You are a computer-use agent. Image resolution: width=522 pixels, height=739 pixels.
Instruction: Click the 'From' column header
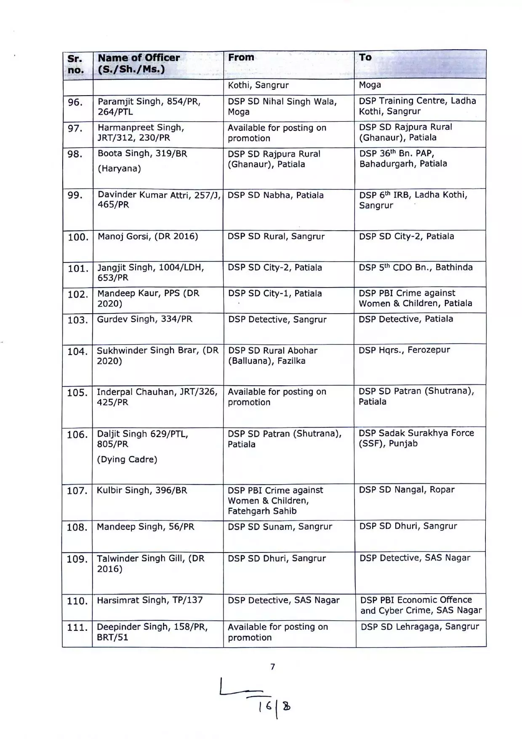(x=241, y=57)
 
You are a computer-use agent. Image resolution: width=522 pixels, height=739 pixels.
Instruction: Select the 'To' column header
(x=365, y=57)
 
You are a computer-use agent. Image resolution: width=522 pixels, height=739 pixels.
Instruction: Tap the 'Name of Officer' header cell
(x=139, y=63)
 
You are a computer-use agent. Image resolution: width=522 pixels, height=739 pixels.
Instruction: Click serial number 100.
(x=78, y=237)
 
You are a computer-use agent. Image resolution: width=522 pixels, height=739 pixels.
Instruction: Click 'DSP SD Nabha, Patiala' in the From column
(x=276, y=195)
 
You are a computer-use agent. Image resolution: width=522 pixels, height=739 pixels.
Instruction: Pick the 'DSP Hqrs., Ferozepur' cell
(x=404, y=350)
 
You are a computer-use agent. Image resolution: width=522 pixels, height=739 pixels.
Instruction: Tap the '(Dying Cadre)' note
(x=127, y=459)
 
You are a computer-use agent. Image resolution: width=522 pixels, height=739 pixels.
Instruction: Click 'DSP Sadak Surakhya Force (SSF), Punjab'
(x=416, y=438)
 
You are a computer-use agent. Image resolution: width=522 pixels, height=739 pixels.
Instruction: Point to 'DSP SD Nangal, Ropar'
(x=407, y=490)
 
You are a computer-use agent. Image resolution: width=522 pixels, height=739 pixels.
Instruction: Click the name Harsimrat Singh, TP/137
(x=149, y=600)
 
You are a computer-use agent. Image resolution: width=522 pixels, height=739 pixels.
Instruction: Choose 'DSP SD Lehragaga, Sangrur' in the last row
(x=420, y=627)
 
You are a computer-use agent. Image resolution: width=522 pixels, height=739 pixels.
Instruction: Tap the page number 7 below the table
(x=273, y=667)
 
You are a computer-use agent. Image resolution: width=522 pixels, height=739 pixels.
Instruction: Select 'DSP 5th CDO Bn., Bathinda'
(x=415, y=267)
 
